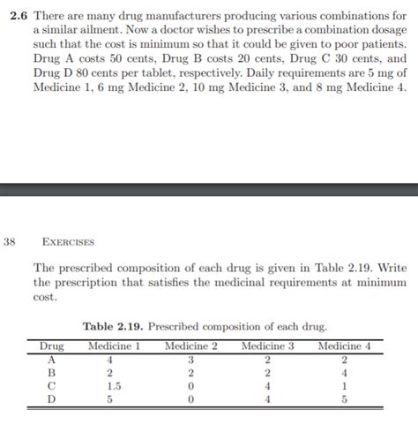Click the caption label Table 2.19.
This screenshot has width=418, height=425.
(x=112, y=327)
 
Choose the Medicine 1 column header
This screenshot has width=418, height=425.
(x=115, y=345)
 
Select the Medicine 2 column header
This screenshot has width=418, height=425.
(x=190, y=345)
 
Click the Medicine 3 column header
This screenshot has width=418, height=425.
(x=267, y=345)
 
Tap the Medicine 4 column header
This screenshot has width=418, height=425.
(x=344, y=345)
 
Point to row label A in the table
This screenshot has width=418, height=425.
(x=52, y=359)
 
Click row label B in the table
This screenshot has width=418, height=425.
(x=52, y=372)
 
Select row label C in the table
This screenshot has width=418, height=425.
(x=52, y=385)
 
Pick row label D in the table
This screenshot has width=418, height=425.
(x=52, y=398)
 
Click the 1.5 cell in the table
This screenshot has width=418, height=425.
(x=114, y=385)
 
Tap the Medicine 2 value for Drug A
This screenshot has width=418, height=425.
(x=190, y=359)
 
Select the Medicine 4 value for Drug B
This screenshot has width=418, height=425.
(x=344, y=372)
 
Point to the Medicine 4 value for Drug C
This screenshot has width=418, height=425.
(x=344, y=385)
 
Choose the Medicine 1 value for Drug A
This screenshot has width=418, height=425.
(x=109, y=359)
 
